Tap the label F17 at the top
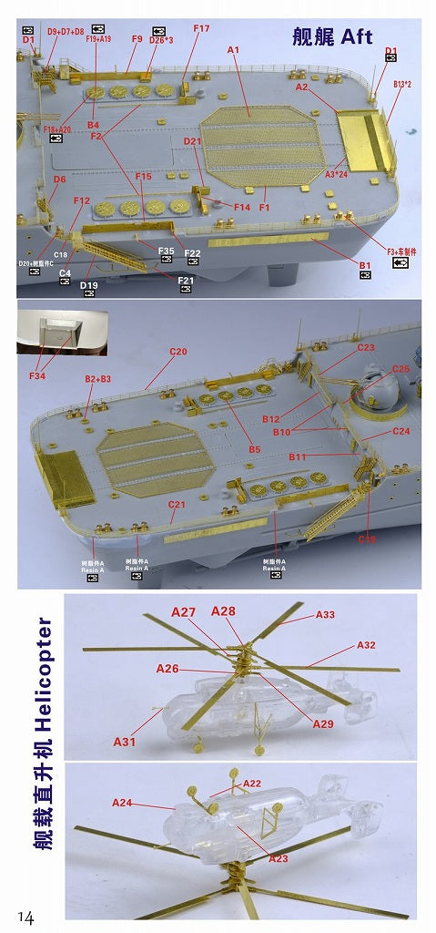pyautogui.click(x=201, y=29)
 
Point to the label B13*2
pyautogui.click(x=402, y=84)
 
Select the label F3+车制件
pyautogui.click(x=401, y=250)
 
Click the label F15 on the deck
pyautogui.click(x=143, y=176)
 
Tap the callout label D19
pyautogui.click(x=88, y=285)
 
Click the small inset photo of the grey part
pyautogui.click(x=62, y=333)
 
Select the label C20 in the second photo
pyautogui.click(x=177, y=351)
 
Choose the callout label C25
pyautogui.click(x=401, y=369)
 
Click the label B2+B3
pyautogui.click(x=97, y=377)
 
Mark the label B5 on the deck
pyautogui.click(x=254, y=449)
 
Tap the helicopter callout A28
pyautogui.click(x=224, y=610)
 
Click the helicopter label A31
pyautogui.click(x=125, y=742)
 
